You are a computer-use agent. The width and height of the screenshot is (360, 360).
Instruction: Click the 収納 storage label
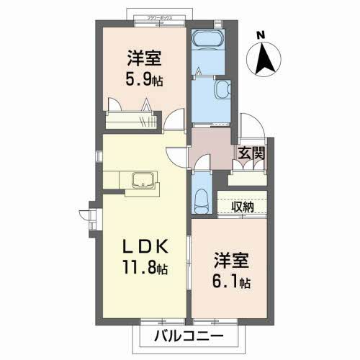coord(243,207)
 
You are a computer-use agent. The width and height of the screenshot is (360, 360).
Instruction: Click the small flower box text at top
coord(158,15)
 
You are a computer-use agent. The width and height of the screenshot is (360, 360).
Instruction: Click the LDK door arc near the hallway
coord(177,153)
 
